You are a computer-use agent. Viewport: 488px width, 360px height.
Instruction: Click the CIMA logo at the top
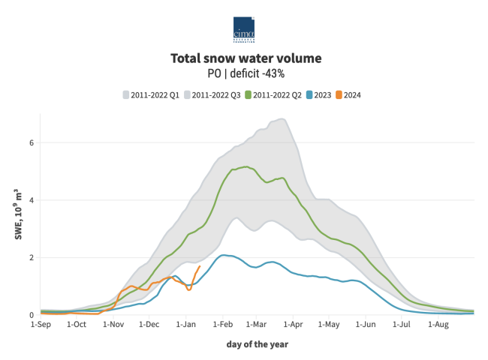click(244, 28)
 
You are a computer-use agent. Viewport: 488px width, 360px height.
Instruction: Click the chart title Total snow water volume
click(246, 58)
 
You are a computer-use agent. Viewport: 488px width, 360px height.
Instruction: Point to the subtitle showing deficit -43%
click(246, 73)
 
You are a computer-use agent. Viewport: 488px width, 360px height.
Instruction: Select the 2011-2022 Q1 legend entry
click(154, 94)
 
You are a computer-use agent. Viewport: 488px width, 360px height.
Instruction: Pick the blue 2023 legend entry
click(318, 94)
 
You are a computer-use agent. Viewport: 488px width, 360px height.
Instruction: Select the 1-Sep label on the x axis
click(41, 325)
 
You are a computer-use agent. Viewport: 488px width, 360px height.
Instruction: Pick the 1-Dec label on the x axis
click(149, 325)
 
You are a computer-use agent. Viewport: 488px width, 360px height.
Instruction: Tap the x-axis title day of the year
click(257, 344)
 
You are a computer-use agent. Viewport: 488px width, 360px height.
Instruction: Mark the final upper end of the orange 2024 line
click(199, 266)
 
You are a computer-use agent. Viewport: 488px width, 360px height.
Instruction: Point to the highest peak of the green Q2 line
click(246, 166)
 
